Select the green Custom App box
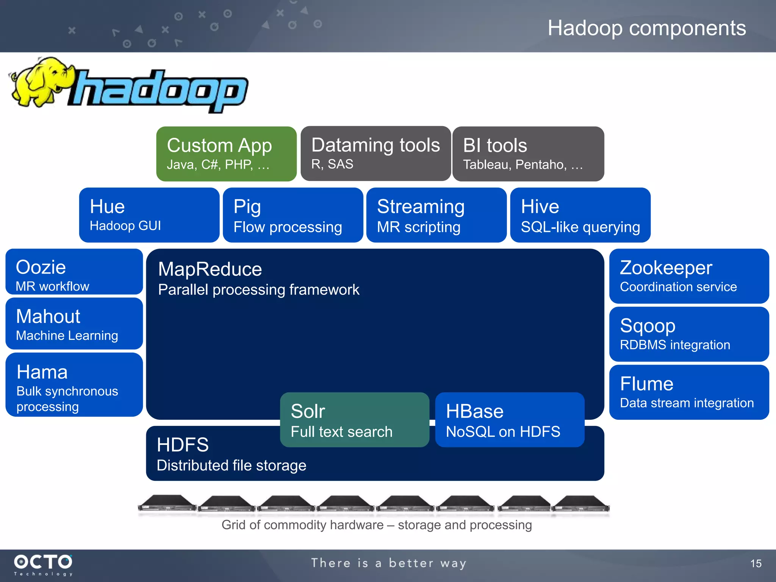[226, 154]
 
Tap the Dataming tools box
[375, 153]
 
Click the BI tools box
[528, 154]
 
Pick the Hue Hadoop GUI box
[149, 215]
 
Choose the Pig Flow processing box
[293, 215]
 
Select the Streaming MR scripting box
[436, 215]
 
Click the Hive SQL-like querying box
[580, 215]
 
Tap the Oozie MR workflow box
[74, 272]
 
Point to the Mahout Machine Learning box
[74, 324]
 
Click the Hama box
[74, 385]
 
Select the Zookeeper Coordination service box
[689, 276]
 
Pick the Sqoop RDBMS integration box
[689, 334]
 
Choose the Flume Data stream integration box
[689, 392]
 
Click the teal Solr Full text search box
[354, 419]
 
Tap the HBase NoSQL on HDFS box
[510, 419]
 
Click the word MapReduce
[210, 269]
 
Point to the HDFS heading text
[183, 445]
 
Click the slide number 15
[756, 563]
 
